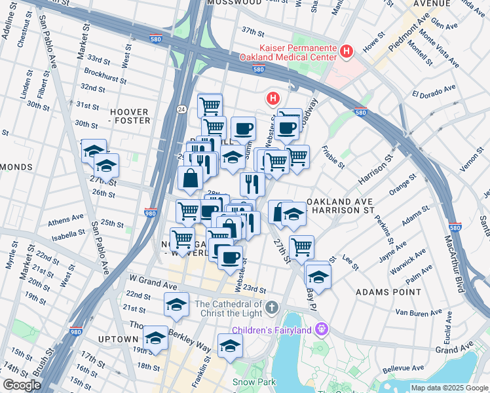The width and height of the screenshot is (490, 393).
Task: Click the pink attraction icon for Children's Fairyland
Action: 320,328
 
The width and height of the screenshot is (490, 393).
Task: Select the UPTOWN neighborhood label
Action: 119,339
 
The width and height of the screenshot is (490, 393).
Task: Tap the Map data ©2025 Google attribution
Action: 449,388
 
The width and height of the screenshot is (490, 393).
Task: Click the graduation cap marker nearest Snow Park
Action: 230,345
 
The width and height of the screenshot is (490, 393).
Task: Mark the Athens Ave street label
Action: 69,217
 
